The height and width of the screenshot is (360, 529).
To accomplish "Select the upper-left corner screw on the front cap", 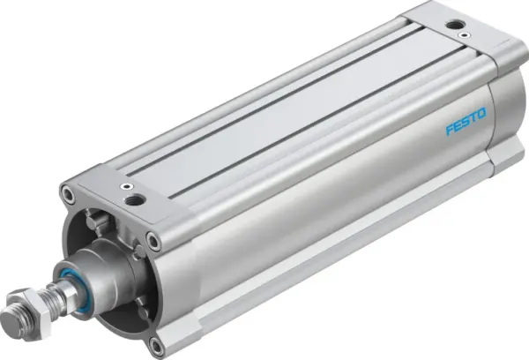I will (x=67, y=191).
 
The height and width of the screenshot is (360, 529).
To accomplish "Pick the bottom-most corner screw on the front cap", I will (x=158, y=344).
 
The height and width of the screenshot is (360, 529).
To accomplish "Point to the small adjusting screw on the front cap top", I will (x=129, y=187).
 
